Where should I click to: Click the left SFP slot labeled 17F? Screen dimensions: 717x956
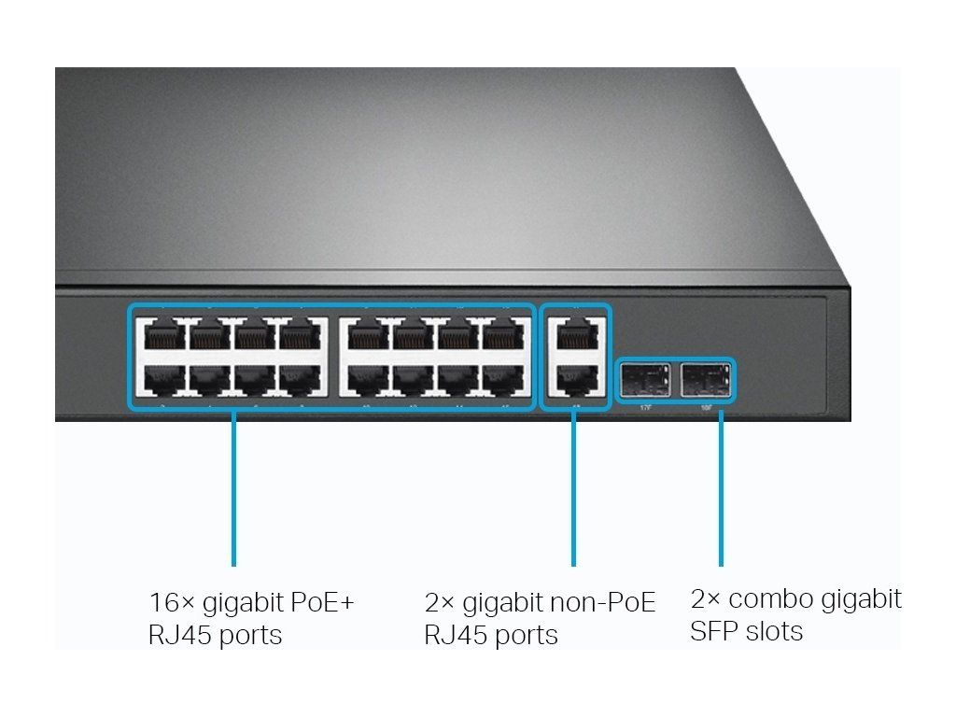click(644, 380)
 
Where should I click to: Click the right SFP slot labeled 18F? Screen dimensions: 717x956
click(704, 380)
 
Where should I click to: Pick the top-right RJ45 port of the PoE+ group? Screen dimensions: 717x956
click(504, 335)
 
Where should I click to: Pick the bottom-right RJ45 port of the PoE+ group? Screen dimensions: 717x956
click(504, 379)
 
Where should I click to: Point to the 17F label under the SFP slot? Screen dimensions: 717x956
click(645, 407)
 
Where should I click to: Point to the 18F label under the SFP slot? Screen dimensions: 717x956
click(707, 407)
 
